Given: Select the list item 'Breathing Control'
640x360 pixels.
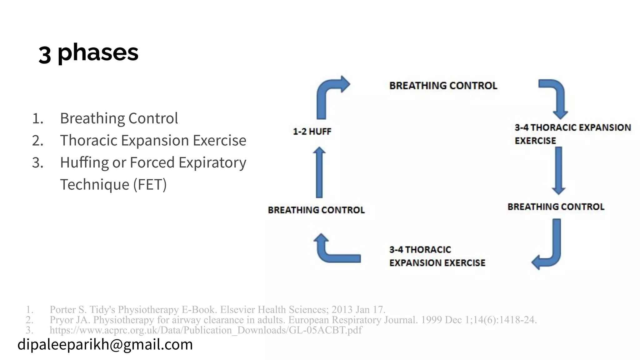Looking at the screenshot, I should [119, 118].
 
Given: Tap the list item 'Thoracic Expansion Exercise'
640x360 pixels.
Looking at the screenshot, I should [153, 140].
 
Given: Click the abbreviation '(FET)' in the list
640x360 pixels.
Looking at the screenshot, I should [150, 184].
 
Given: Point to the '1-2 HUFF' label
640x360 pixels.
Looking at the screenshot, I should [312, 132].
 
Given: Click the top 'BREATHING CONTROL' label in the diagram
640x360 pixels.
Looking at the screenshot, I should [443, 86].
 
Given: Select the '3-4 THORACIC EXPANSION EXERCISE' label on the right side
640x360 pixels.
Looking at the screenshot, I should [572, 134].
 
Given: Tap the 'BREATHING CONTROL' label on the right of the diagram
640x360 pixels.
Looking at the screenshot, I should [556, 207].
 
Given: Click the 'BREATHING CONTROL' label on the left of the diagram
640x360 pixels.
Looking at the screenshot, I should [316, 210].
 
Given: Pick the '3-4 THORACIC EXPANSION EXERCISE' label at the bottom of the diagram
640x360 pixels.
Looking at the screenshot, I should [437, 256].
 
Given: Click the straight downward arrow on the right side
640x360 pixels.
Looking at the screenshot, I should [558, 170].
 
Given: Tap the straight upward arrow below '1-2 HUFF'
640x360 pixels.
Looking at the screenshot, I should [319, 172].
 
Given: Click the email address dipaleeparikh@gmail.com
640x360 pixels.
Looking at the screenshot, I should [105, 344].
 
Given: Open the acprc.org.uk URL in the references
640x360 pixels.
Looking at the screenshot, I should [206, 330].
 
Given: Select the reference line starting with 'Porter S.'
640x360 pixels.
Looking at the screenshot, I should [217, 309].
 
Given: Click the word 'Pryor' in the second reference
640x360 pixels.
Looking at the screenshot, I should [62, 320].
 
